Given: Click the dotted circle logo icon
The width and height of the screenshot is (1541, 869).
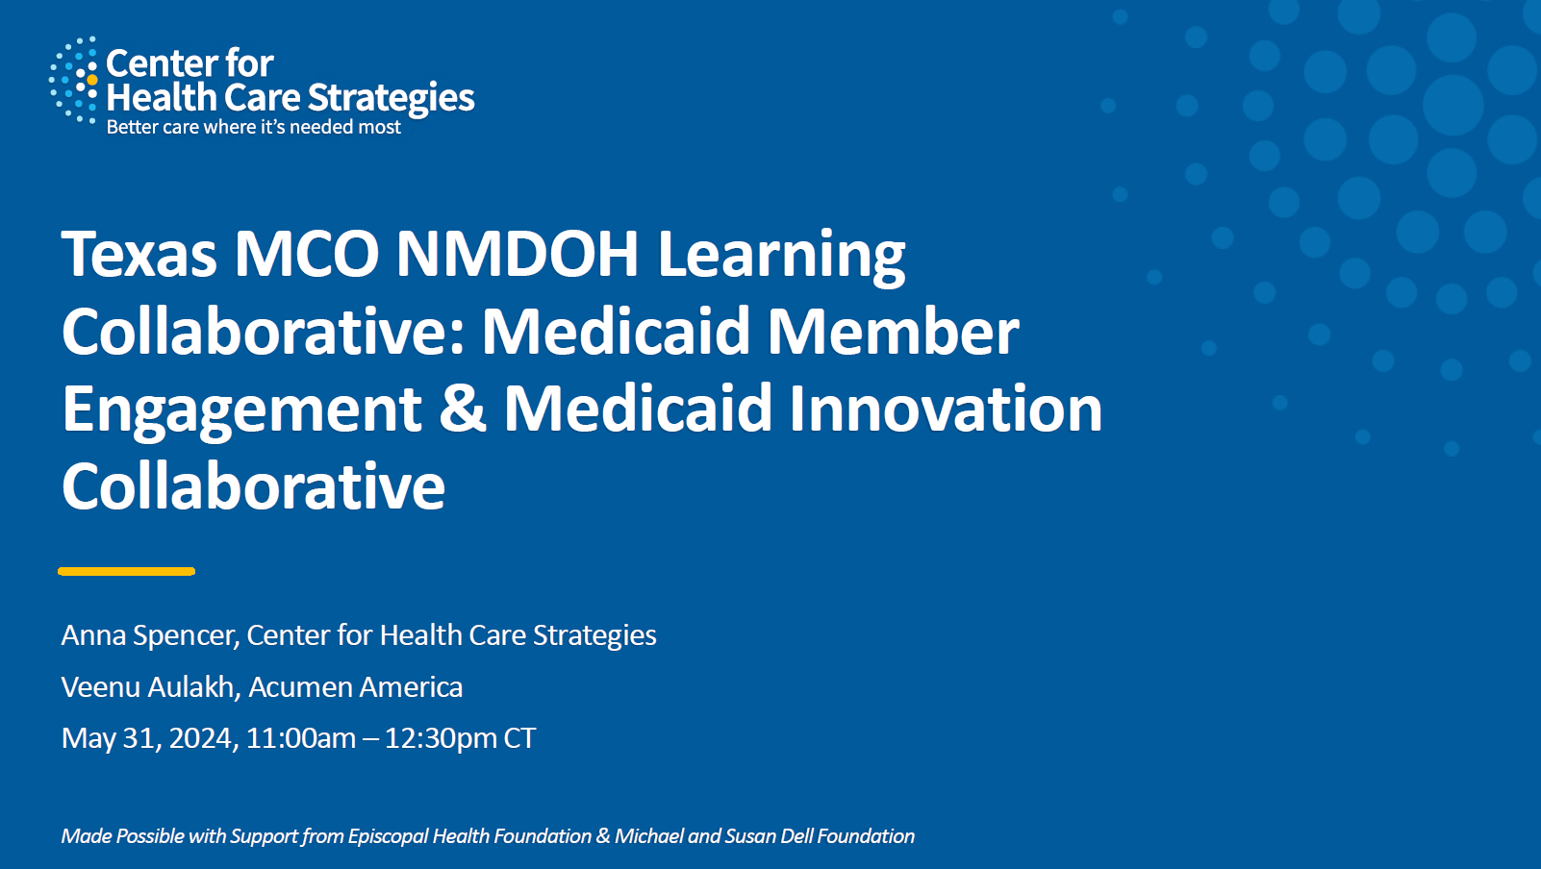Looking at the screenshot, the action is (x=74, y=81).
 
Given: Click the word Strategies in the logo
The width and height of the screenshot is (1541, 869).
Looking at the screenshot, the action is (x=391, y=98).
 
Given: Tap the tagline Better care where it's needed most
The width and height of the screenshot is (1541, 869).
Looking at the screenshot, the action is (x=253, y=127).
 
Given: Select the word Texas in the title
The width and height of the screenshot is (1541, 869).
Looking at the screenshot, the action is (x=139, y=254).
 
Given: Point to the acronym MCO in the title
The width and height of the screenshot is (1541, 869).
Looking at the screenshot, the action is (x=307, y=254).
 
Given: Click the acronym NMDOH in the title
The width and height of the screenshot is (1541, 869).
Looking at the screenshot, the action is (x=518, y=254).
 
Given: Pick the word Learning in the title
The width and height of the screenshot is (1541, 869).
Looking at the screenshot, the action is (x=781, y=257).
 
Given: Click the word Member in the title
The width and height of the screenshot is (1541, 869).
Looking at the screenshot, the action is (x=893, y=332).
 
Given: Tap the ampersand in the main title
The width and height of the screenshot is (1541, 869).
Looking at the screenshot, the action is (x=463, y=409).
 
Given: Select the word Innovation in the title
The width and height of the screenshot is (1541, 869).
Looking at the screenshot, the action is (x=946, y=409).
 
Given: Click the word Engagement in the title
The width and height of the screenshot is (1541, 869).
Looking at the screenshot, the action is (x=241, y=411).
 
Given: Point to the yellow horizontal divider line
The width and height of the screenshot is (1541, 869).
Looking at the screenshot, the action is (x=127, y=571).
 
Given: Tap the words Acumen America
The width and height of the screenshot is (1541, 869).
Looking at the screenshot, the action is (x=356, y=686).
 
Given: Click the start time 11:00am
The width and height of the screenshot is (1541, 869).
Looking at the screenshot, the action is (x=301, y=738).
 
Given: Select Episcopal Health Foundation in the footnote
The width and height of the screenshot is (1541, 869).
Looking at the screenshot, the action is (x=469, y=836).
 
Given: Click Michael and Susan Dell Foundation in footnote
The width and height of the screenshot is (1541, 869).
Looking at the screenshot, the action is (x=765, y=836).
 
